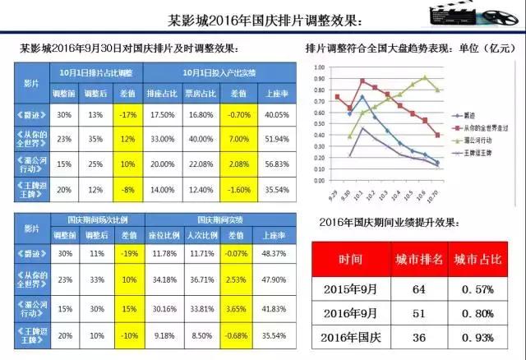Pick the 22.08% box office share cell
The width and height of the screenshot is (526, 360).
coord(198,164)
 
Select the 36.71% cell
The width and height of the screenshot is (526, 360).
coord(198,279)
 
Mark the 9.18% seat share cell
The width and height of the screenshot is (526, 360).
coord(160,335)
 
